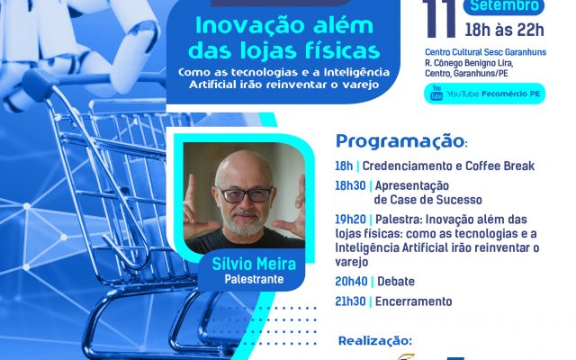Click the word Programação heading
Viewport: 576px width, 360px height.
(x=400, y=142)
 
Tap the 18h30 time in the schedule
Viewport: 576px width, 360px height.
(x=350, y=186)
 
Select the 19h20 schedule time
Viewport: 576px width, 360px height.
(x=350, y=220)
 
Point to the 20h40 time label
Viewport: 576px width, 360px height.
(x=351, y=282)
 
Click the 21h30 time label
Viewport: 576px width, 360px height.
(x=350, y=301)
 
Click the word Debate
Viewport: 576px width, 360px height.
(x=396, y=282)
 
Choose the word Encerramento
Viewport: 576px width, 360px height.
(x=414, y=301)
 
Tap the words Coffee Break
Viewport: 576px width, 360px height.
(x=500, y=166)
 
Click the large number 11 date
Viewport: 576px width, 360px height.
(x=438, y=18)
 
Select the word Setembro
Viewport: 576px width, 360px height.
(x=504, y=6)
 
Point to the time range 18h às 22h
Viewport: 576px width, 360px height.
(x=504, y=30)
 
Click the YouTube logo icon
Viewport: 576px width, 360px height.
(x=436, y=93)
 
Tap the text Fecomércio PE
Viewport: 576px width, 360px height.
(x=511, y=94)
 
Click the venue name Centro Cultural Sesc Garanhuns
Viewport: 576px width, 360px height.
(x=486, y=52)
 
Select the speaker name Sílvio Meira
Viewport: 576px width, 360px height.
(x=254, y=264)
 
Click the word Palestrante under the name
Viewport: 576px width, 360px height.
(x=254, y=280)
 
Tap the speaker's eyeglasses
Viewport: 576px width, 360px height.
(x=245, y=194)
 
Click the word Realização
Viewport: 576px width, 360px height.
(x=375, y=341)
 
